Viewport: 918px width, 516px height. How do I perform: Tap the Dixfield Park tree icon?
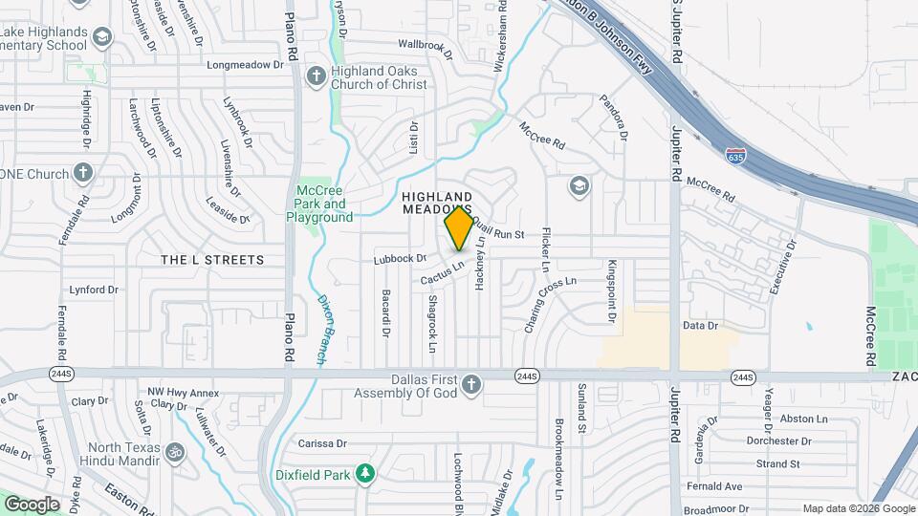click(x=363, y=472)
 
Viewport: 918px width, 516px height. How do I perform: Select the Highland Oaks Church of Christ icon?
click(x=317, y=75)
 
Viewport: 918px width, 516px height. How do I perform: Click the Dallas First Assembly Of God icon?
click(x=470, y=384)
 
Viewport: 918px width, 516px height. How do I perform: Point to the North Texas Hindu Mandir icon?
click(x=174, y=450)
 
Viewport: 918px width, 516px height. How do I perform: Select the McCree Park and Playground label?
click(x=319, y=204)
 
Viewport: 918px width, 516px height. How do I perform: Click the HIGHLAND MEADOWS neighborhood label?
click(x=436, y=202)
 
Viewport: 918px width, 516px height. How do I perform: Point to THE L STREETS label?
click(x=212, y=260)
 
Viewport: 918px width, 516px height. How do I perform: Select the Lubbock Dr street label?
click(x=400, y=258)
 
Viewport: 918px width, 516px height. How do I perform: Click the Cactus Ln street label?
click(x=442, y=274)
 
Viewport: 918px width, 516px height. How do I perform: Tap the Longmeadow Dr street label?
click(x=247, y=66)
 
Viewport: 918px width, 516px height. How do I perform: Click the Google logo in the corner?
click(x=32, y=504)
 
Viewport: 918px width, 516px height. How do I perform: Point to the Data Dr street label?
click(x=700, y=326)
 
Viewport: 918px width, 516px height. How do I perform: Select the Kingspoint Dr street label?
click(x=609, y=290)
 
